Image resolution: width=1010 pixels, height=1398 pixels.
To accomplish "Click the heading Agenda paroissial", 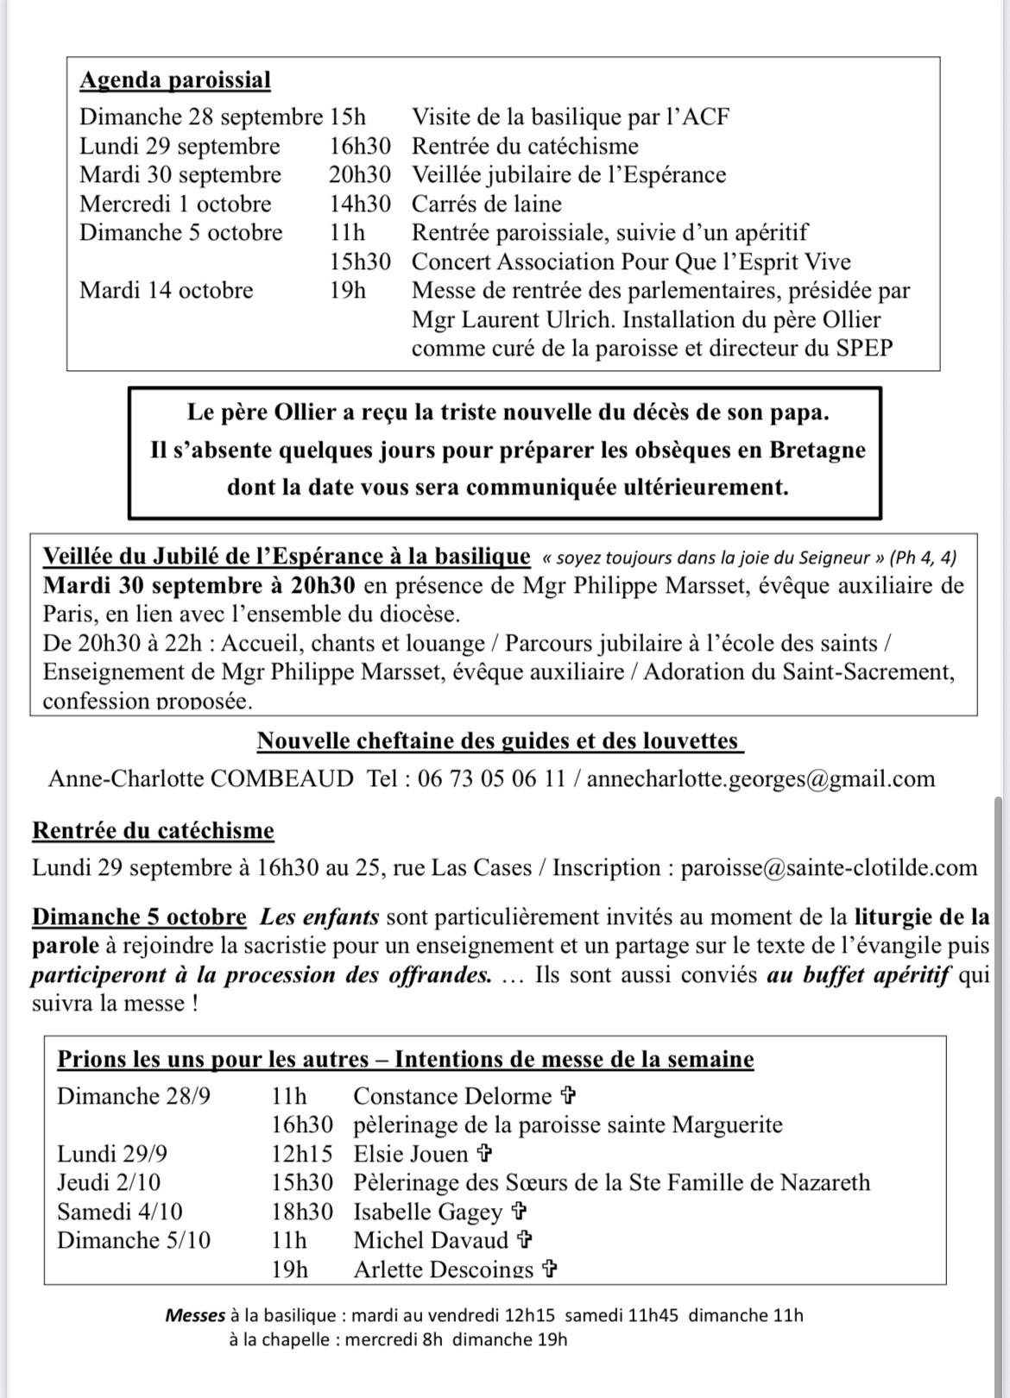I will (175, 80).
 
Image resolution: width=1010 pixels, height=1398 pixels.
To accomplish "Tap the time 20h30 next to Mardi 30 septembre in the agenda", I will (359, 175).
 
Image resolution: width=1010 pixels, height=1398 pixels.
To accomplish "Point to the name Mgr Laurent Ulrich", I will (513, 320).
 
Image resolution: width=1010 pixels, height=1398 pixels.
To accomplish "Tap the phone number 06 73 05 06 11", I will (491, 779).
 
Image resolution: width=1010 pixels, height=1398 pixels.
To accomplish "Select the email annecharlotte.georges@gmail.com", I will (761, 779).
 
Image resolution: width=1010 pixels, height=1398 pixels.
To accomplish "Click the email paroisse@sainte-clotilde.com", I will (829, 868).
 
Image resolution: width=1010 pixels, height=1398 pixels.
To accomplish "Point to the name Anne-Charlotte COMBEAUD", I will (200, 779).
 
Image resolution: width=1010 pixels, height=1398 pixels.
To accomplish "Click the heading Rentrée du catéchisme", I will (153, 831).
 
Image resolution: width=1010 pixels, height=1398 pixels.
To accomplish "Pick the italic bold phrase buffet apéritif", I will (876, 976).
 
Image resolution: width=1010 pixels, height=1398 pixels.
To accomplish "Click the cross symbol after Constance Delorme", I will (568, 1097).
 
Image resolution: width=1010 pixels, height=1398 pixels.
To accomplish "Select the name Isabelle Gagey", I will (427, 1212).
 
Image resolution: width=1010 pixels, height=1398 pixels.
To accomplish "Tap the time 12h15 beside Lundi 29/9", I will (301, 1155).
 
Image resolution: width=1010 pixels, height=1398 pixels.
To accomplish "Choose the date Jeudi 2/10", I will (109, 1183).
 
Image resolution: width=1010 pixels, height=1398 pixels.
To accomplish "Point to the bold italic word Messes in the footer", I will (195, 1316).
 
